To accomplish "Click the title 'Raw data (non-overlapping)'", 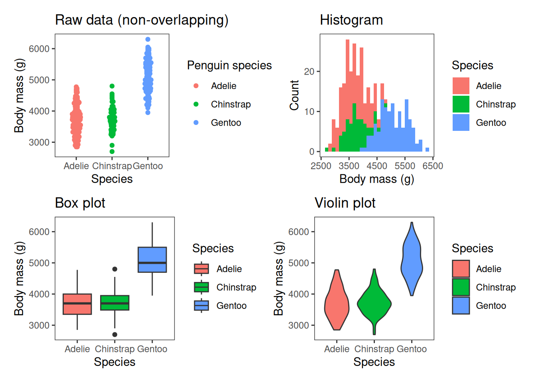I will tap(142, 20).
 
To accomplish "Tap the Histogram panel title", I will tap(351, 20).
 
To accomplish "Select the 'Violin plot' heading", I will tap(345, 203).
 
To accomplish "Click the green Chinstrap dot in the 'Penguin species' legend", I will tap(196, 104).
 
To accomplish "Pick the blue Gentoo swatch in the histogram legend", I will tap(461, 122).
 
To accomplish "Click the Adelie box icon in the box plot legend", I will tap(201, 269).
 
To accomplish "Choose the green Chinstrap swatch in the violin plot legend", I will tap(461, 287).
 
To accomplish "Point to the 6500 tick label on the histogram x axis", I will tap(433, 166).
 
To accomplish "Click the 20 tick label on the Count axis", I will tap(309, 72).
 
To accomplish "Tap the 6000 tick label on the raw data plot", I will tap(39, 49).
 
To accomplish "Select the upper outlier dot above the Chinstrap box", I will tap(115, 269).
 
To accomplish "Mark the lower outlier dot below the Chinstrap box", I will tap(115, 335).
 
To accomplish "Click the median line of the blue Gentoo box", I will tap(152, 263).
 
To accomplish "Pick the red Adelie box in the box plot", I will tap(77, 304).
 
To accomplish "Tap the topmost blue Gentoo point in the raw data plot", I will tap(148, 39).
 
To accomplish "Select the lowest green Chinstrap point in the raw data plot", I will tap(112, 152).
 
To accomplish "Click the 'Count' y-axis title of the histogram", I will tap(294, 95).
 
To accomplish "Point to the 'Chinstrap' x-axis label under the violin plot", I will tap(374, 349).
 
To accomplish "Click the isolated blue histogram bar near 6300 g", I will tap(427, 150).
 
